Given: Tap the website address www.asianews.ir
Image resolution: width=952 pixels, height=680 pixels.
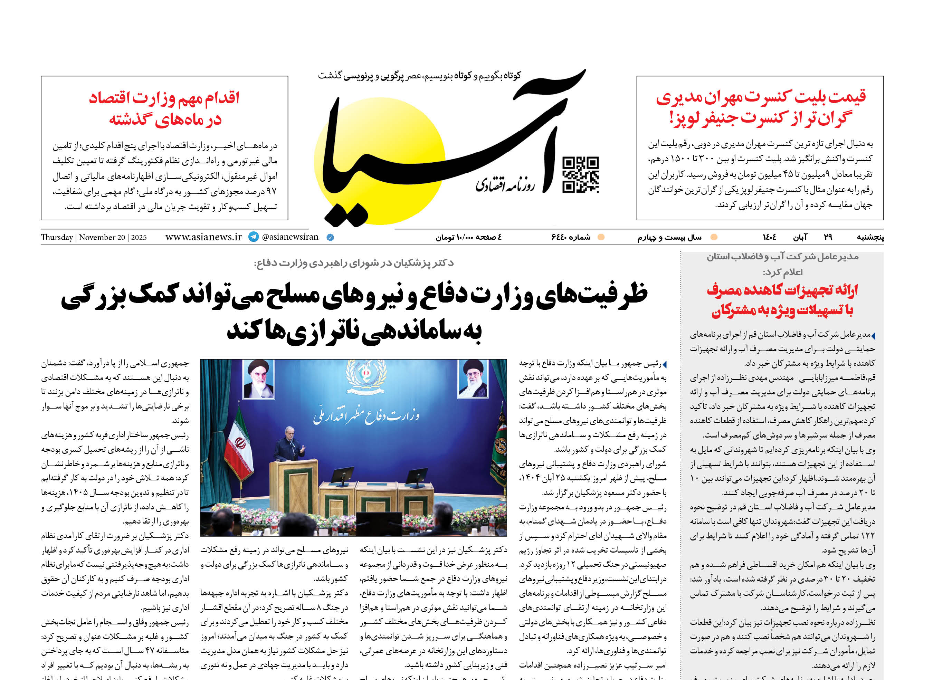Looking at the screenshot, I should (x=203, y=237).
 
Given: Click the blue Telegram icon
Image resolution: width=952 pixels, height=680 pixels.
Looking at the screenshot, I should (x=254, y=237).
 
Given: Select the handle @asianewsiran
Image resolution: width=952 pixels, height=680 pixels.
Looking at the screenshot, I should (x=290, y=237).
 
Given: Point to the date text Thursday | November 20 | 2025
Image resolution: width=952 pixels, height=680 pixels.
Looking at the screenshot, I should (x=94, y=237).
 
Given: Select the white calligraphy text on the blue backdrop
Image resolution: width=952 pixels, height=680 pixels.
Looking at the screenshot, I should (x=366, y=416).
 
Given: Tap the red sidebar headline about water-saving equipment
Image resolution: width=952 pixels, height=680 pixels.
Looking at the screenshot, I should (x=782, y=300).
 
